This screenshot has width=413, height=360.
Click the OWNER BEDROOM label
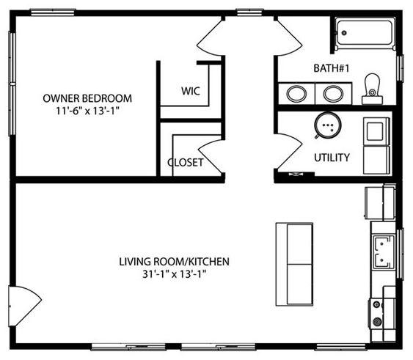[87, 98]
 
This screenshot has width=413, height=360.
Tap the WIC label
[191, 92]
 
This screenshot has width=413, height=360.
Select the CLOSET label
[186, 162]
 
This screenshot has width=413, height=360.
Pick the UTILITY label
[332, 157]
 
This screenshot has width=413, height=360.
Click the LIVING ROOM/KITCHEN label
[175, 261]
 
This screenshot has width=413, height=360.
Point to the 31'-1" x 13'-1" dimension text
[175, 276]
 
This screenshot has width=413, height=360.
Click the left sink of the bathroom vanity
[296, 94]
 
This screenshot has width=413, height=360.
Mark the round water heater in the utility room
[326, 126]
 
